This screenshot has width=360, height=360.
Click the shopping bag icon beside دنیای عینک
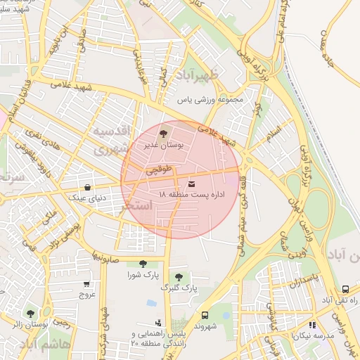click(x=87, y=188)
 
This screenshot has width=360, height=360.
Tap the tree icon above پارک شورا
click(x=143, y=264)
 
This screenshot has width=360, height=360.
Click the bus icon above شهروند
click(x=205, y=315)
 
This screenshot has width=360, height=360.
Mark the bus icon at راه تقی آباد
click(x=345, y=289)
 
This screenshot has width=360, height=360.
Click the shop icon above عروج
click(x=86, y=284)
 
